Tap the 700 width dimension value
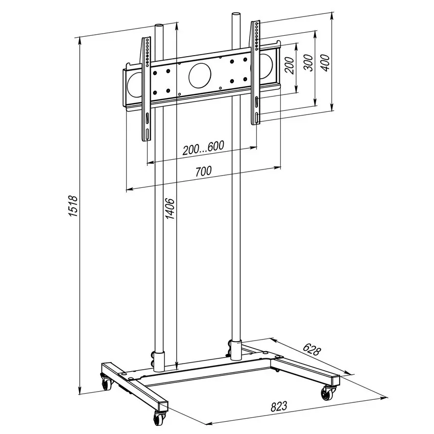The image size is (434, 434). click(x=203, y=172)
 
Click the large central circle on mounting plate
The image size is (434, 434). click(x=200, y=75)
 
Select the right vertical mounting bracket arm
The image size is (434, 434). click(x=255, y=71)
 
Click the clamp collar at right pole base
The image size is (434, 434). click(x=236, y=349)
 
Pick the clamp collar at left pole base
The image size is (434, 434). click(x=158, y=360)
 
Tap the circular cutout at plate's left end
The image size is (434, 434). click(x=132, y=84)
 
